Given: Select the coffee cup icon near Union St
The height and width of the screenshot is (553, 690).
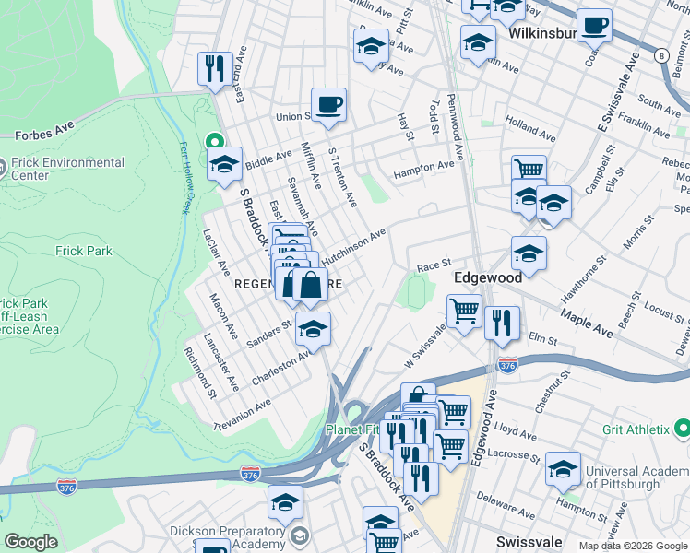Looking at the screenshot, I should point(328,105).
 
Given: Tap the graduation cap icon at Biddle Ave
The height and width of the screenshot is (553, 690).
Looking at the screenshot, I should point(224,165).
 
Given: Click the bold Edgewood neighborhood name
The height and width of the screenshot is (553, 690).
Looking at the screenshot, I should point(488,276).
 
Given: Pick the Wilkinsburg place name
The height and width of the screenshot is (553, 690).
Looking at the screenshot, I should point(542,33).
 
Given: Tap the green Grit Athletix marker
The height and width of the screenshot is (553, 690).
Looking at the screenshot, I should point(682,429).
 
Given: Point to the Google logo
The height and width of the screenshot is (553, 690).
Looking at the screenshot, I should point(30,542).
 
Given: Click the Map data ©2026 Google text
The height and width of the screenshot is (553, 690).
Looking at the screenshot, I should point(633,546).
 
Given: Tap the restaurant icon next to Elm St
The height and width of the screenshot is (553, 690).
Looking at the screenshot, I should point(502,323).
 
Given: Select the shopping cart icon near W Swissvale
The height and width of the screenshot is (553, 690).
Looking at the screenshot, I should point(464,311).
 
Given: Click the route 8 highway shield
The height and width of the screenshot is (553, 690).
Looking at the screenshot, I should point(661,55).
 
